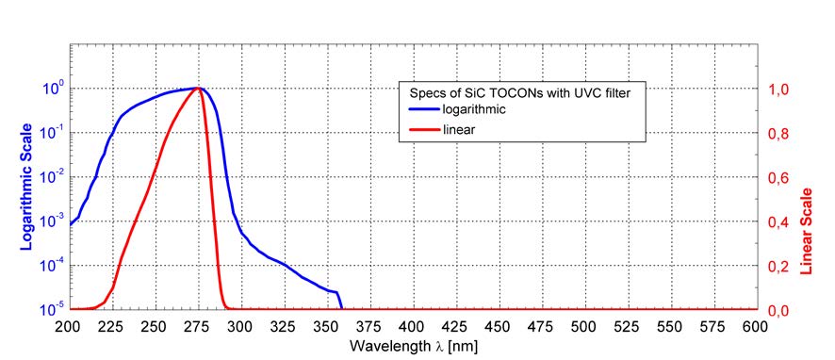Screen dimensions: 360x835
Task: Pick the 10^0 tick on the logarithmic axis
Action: coord(51,87)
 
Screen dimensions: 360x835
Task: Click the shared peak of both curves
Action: coord(197,89)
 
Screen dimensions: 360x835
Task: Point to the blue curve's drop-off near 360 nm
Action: coord(339,301)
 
